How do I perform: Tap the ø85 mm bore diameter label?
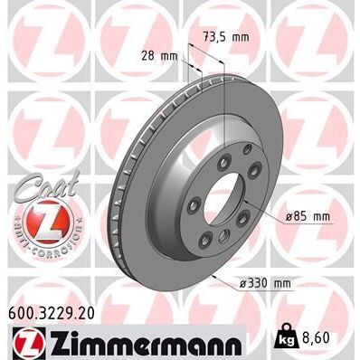[303, 216]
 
